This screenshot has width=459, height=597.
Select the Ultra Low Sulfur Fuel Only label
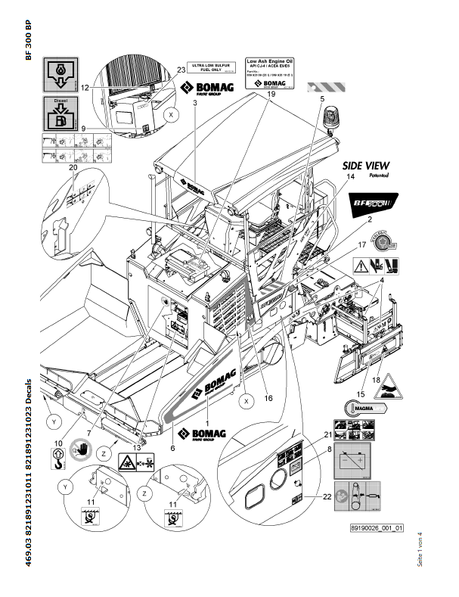tap(208, 68)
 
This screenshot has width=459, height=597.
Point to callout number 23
tap(181, 69)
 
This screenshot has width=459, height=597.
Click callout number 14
tap(350, 176)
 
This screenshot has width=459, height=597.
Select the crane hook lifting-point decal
tap(57, 456)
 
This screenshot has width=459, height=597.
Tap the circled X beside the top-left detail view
tap(172, 115)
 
